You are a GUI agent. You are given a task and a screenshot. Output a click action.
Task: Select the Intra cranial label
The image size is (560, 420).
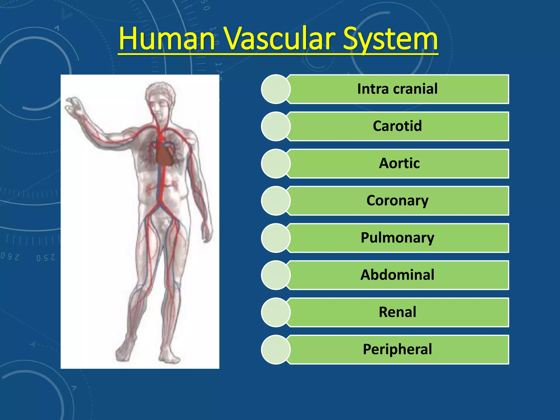(x=397, y=89)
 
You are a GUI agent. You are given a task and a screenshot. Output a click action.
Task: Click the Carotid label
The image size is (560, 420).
(x=397, y=126)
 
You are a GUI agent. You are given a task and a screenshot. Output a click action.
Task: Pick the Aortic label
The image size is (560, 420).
(x=399, y=163)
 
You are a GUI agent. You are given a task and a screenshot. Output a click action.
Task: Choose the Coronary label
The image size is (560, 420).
(x=397, y=200)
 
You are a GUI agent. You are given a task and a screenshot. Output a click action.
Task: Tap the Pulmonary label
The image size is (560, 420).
(x=397, y=238)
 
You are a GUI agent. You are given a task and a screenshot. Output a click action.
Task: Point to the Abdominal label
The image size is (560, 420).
(x=397, y=275)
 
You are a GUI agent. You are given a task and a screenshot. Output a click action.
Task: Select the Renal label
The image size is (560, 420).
(x=397, y=312)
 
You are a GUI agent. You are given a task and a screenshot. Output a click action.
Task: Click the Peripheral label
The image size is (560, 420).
(x=397, y=349)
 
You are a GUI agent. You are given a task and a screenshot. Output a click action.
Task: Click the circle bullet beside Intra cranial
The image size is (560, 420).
(x=276, y=89)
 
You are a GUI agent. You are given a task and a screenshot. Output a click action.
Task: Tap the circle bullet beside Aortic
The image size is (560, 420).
(x=276, y=164)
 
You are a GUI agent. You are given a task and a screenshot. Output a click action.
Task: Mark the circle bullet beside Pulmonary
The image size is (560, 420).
(x=276, y=238)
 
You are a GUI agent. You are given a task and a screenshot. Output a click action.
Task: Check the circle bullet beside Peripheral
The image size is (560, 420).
(x=276, y=349)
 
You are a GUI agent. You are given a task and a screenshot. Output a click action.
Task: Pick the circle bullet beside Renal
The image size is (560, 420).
(x=276, y=312)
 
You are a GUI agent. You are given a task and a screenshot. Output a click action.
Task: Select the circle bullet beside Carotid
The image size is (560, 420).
(x=276, y=126)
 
